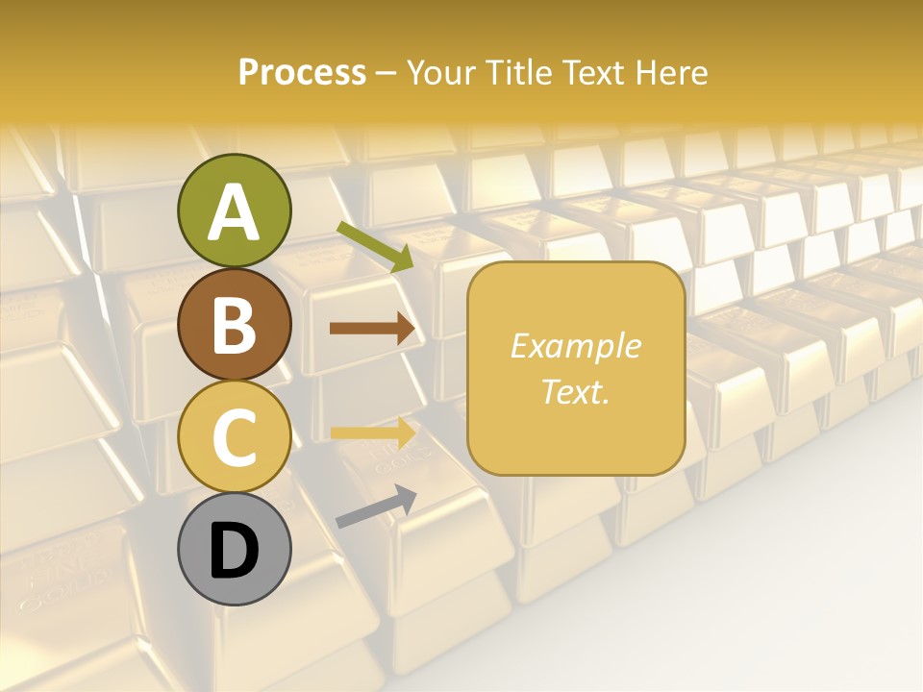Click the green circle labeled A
(234, 210)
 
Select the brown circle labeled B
(234, 324)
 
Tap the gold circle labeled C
(234, 436)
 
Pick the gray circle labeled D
(234, 550)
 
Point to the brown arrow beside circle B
(372, 329)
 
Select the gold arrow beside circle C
(373, 433)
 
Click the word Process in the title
(302, 72)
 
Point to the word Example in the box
(575, 346)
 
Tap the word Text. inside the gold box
(575, 391)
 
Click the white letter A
(234, 212)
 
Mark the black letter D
(234, 551)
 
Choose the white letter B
(234, 325)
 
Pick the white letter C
(234, 437)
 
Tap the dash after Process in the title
(387, 74)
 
